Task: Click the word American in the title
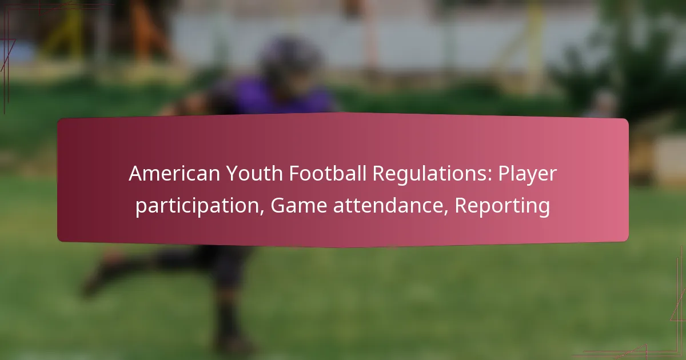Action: pos(174,174)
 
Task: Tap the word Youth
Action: pos(254,174)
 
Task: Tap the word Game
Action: pos(299,205)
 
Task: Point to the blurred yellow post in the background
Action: pos(535,46)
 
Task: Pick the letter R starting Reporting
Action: pos(461,205)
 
